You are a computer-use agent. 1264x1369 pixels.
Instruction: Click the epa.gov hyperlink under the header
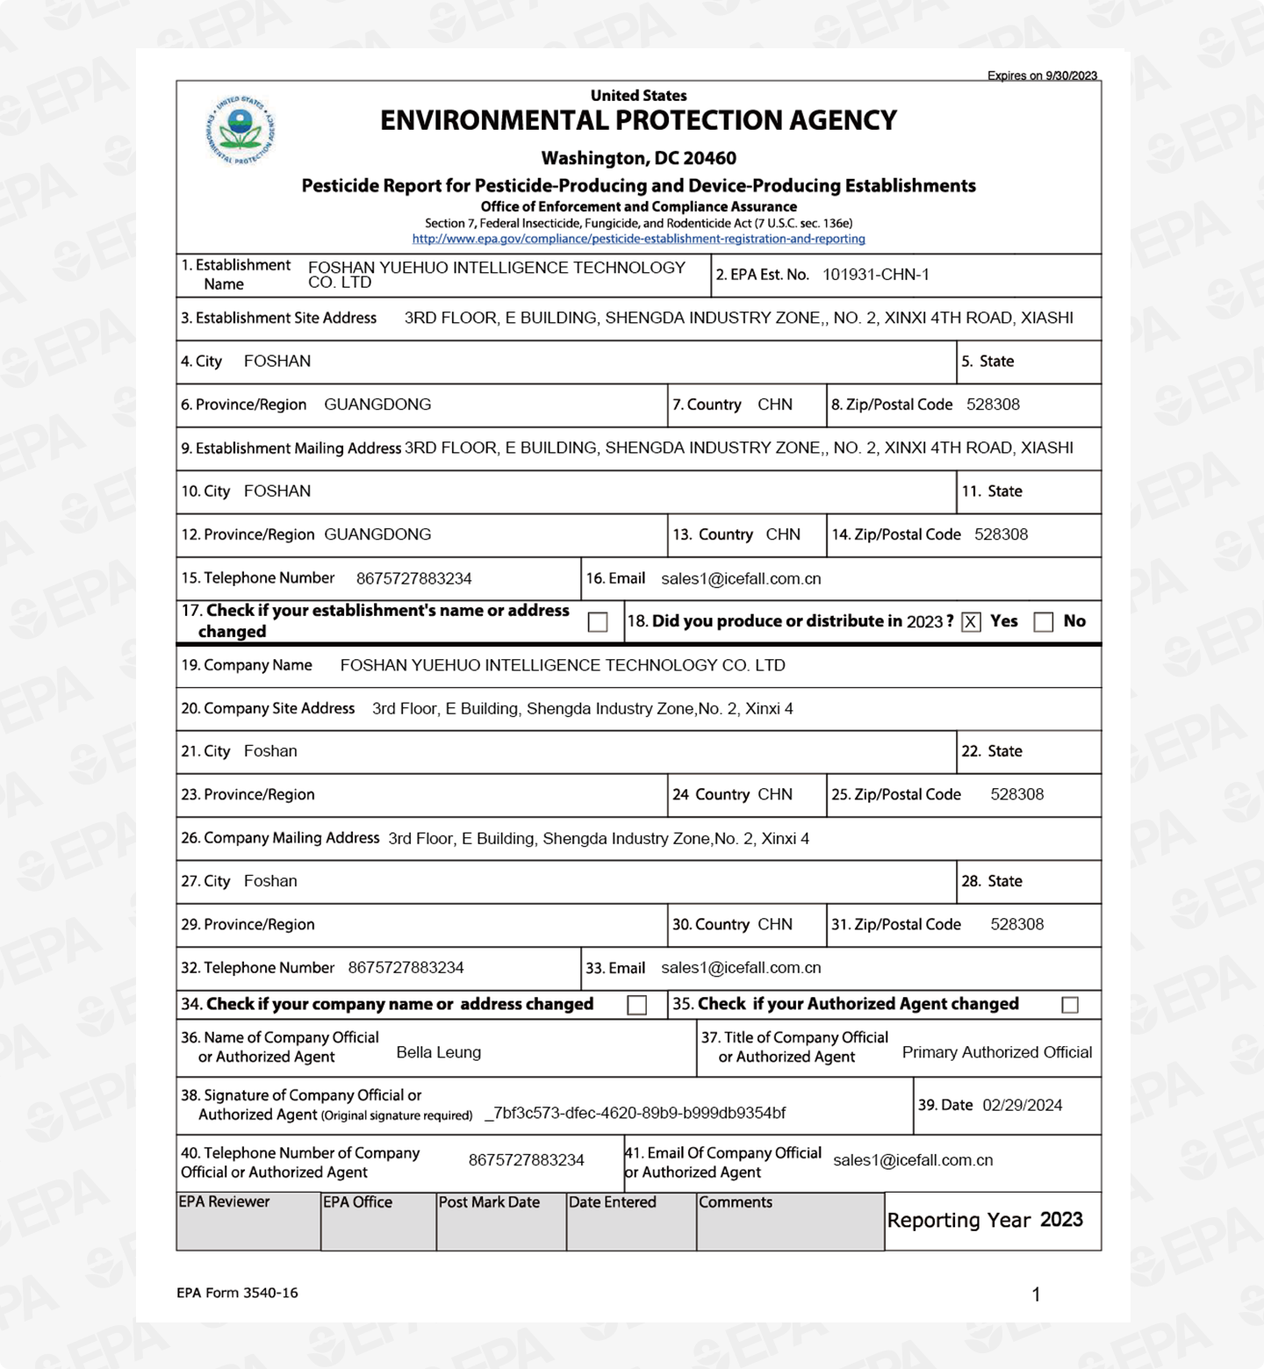638,239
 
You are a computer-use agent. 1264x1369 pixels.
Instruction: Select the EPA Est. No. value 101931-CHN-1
875,275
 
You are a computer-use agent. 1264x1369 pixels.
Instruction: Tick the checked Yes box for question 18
970,622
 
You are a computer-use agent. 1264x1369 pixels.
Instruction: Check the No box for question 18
1043,622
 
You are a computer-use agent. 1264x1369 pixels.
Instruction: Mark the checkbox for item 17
598,622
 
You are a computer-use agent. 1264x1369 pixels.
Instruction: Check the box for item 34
637,1005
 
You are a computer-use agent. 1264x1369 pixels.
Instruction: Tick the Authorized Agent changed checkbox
1069,1005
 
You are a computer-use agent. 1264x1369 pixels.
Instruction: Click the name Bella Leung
438,1052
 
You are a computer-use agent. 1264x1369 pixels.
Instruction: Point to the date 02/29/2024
1022,1105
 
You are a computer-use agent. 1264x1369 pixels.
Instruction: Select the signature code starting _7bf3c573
635,1113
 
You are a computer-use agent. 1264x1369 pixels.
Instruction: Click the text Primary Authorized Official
996,1052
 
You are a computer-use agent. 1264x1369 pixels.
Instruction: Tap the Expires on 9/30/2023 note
1042,75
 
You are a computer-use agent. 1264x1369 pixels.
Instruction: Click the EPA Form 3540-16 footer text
237,1293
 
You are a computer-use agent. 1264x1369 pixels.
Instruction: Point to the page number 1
1036,1294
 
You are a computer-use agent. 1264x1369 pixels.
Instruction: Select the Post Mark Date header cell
489,1202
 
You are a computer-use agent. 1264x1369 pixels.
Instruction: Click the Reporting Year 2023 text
984,1220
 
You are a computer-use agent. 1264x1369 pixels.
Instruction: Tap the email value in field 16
741,579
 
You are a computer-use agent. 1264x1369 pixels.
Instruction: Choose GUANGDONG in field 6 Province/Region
377,405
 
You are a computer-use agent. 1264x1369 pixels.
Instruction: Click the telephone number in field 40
526,1160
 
